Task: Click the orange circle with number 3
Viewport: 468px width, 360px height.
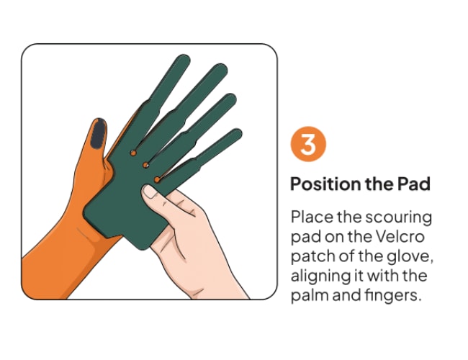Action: tap(308, 144)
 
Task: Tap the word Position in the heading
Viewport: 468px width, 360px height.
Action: tap(325, 184)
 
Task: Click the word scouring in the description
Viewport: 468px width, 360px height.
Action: tap(398, 218)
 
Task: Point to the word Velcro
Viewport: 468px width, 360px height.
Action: tap(400, 237)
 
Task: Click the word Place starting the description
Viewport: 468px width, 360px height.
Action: tap(312, 217)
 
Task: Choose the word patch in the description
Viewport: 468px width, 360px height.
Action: tap(313, 256)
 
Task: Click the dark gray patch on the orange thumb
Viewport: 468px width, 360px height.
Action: tap(98, 135)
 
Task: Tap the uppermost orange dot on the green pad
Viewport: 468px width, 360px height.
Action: tap(133, 153)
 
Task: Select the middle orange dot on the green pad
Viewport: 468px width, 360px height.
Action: tap(145, 165)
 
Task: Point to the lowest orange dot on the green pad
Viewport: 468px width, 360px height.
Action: tap(157, 180)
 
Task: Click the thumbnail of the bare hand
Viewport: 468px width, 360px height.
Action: tap(150, 192)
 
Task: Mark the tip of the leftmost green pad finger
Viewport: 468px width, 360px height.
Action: tap(183, 57)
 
